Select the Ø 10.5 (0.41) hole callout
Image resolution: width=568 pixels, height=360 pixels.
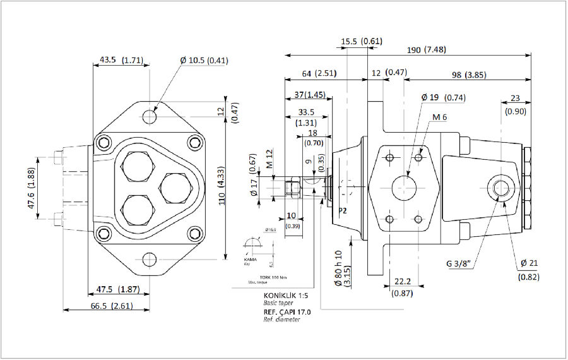click(204, 61)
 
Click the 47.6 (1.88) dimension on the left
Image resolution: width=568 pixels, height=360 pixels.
click(31, 186)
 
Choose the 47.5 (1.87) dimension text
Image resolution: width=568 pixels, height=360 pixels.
click(119, 289)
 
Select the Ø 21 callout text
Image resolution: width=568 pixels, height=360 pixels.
click(529, 263)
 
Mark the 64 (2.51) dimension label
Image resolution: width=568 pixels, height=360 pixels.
click(319, 74)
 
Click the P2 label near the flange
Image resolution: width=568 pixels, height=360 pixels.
click(343, 210)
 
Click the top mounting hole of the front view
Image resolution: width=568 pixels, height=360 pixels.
click(150, 117)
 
